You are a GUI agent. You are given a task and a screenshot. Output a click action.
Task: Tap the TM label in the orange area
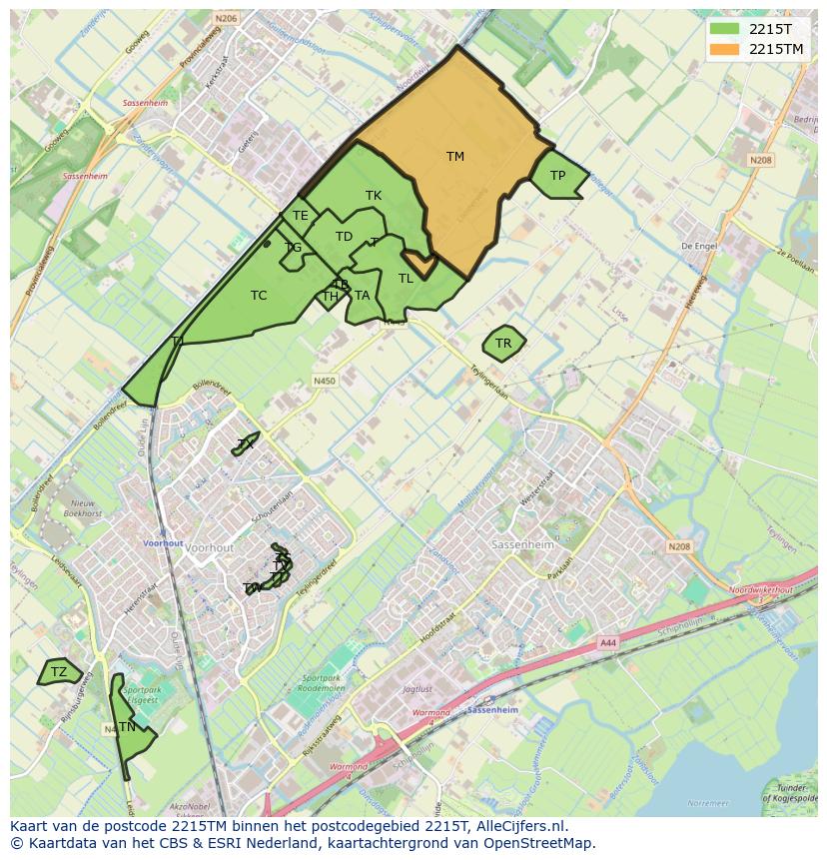coord(455,156)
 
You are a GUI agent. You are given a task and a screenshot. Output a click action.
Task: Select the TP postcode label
coord(557,176)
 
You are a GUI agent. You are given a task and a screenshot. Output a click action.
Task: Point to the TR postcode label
coord(503,344)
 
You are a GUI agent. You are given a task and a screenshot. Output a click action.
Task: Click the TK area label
coord(374,196)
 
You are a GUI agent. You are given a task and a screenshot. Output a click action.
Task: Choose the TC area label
coord(259,296)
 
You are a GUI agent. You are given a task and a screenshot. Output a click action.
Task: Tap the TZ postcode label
coord(59,672)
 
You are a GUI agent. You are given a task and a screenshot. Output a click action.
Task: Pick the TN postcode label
coord(127,727)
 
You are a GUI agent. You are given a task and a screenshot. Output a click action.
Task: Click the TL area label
coord(406,279)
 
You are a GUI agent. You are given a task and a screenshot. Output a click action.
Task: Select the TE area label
coord(300,215)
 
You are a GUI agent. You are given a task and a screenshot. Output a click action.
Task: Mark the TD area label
coord(345,237)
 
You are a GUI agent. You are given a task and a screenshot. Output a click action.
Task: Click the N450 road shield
coord(325,381)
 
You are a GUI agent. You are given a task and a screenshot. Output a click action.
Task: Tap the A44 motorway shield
coord(608,644)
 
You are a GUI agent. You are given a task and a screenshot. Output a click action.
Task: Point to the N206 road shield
coord(226,18)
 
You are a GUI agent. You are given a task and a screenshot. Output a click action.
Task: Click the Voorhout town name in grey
coord(210,548)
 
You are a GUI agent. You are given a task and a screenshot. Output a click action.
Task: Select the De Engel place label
coord(700,246)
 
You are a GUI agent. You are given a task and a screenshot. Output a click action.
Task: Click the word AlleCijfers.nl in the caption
coord(518,826)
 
